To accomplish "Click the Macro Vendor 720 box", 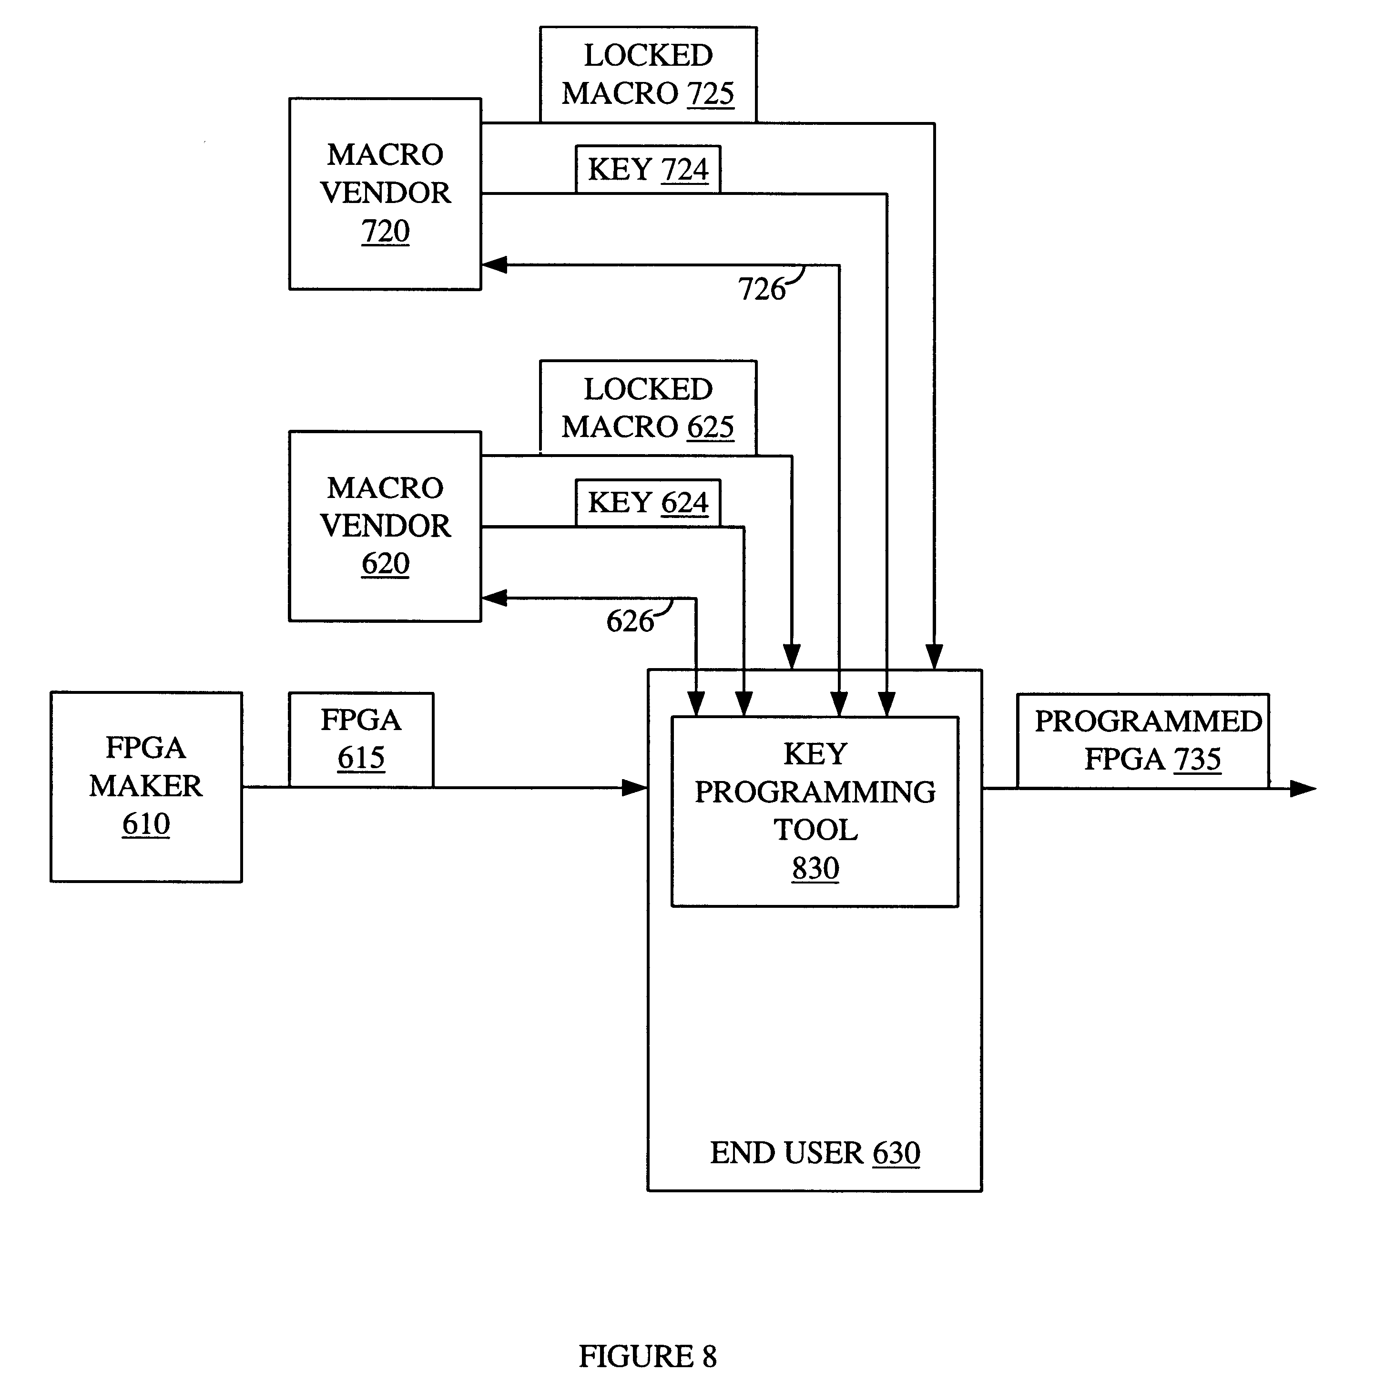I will point(385,193).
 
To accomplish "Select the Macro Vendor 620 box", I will point(385,526).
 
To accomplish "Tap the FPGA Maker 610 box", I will point(146,787).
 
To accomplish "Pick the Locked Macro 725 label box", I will point(648,75).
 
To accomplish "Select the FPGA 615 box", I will point(361,740).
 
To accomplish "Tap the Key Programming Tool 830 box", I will point(815,812).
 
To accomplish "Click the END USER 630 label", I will point(815,1153).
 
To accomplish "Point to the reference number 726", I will point(761,289).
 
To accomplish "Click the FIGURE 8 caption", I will point(648,1356).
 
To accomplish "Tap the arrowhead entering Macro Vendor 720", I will point(494,265).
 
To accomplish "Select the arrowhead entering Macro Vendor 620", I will point(494,598).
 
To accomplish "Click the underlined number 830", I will point(815,868).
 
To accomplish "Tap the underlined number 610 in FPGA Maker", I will point(146,823).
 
